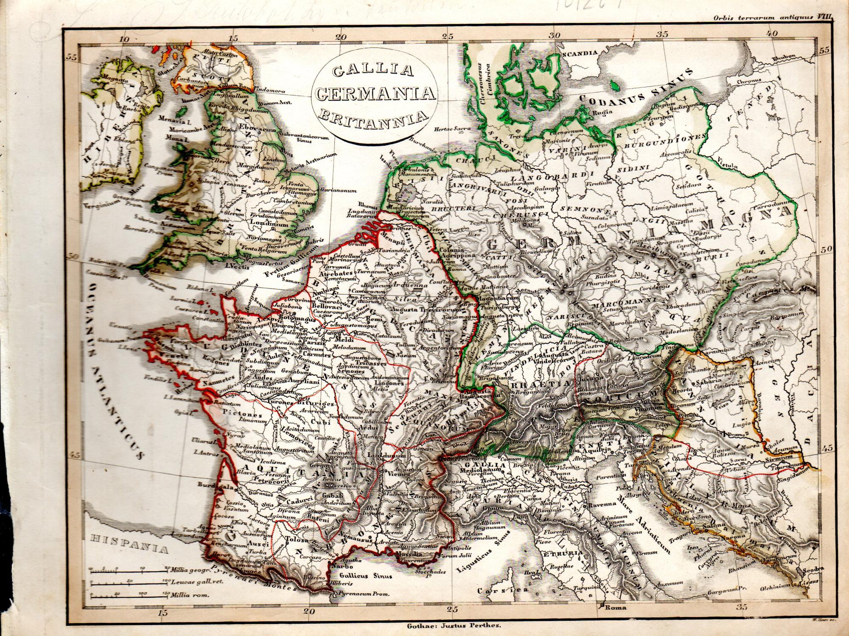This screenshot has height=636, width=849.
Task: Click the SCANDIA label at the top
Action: click(580, 54)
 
